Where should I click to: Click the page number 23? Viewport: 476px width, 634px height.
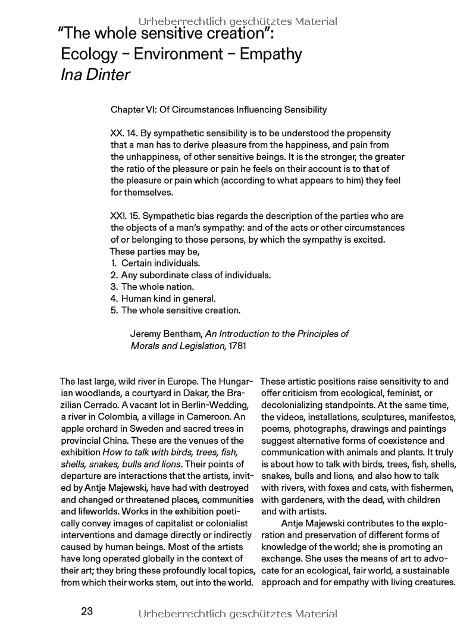(87, 611)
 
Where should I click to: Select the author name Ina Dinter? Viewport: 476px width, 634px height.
(95, 75)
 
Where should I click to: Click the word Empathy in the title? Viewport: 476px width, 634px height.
(271, 54)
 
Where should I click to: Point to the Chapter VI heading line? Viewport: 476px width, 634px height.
(218, 109)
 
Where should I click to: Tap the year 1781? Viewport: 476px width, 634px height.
(236, 346)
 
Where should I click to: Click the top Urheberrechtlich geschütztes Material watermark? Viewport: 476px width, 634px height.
(238, 21)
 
